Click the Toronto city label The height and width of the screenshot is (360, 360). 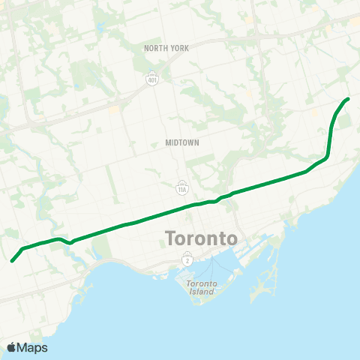[x=201, y=238]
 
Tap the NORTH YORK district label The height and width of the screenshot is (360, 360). [x=166, y=48]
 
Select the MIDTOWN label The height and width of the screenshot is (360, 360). [x=183, y=142]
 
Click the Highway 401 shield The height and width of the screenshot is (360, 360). [x=152, y=77]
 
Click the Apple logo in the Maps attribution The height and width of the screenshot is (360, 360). [x=11, y=348]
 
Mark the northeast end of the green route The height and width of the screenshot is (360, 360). [x=348, y=99]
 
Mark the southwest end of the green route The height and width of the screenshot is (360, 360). [x=12, y=261]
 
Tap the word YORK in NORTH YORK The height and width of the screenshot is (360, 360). [x=178, y=48]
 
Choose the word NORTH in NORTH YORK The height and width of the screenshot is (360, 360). [x=156, y=48]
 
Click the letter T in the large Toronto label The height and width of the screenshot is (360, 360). [x=169, y=238]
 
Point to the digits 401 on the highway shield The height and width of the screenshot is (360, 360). [x=152, y=79]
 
